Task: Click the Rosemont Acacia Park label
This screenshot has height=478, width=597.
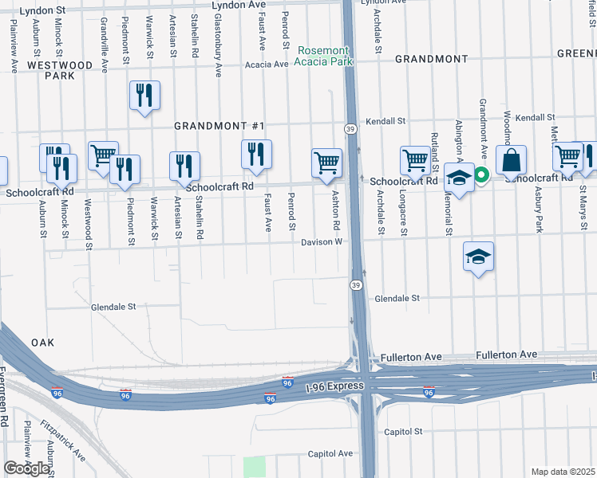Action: click(x=323, y=56)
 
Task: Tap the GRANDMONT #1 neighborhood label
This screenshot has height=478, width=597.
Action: click(x=219, y=127)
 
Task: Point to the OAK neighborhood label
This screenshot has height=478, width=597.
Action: click(x=42, y=342)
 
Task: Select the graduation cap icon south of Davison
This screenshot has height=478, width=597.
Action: click(x=478, y=257)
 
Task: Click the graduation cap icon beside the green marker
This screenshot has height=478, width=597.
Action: click(x=460, y=178)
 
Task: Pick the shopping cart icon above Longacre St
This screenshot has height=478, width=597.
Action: click(x=415, y=160)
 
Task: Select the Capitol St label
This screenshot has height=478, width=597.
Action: click(x=402, y=432)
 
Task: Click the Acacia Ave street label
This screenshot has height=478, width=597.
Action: click(x=267, y=65)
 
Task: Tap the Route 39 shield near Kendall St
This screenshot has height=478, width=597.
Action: click(x=350, y=128)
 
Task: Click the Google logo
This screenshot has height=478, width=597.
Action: click(x=26, y=468)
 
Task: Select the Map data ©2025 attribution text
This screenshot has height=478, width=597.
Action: click(x=563, y=472)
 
